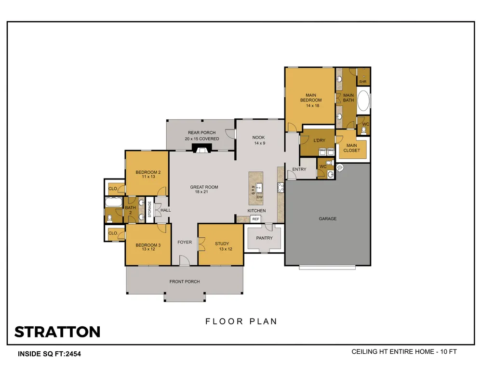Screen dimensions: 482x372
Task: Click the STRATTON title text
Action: tap(57, 332)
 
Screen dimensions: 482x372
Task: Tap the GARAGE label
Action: tap(327, 219)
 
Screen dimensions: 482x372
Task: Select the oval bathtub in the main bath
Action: tap(363, 101)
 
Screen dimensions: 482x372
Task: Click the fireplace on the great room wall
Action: tap(201, 148)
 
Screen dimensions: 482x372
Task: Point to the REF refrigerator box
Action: tap(256, 219)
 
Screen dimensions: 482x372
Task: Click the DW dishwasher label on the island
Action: tap(260, 197)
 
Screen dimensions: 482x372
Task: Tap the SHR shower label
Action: tap(363, 82)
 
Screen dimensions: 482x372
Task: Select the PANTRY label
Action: tap(264, 238)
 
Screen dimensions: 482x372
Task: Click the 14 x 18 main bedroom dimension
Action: tap(313, 105)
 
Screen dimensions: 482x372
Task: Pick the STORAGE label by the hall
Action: tap(150, 209)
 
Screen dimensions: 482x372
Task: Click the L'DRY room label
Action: tap(320, 140)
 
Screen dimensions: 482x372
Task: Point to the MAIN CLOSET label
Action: tap(352, 148)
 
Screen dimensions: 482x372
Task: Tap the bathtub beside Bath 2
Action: tap(113, 202)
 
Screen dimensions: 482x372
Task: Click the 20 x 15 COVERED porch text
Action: tap(202, 139)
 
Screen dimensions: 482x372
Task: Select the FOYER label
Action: tap(185, 242)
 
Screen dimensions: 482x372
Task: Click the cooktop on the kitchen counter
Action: tap(281, 187)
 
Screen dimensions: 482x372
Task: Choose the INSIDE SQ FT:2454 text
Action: tap(49, 354)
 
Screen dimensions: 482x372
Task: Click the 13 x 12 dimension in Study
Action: tap(226, 249)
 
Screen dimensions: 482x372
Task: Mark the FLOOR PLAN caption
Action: tap(241, 321)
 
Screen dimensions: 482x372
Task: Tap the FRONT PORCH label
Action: tap(185, 282)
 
